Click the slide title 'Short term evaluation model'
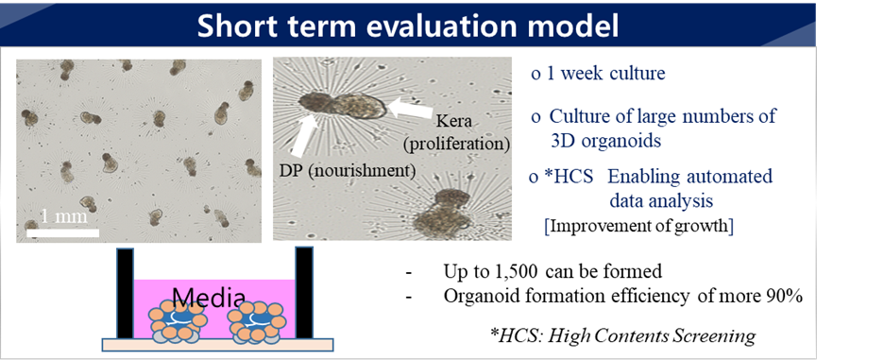click(408, 26)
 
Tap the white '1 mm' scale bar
click(62, 231)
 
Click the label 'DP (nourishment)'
click(348, 170)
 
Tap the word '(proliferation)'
click(456, 144)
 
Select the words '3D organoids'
click(605, 141)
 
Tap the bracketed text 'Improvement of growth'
click(638, 226)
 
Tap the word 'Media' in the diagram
click(209, 297)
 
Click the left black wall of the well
click(126, 294)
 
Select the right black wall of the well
click(304, 292)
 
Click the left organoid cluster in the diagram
click(177, 321)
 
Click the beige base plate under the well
click(217, 344)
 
